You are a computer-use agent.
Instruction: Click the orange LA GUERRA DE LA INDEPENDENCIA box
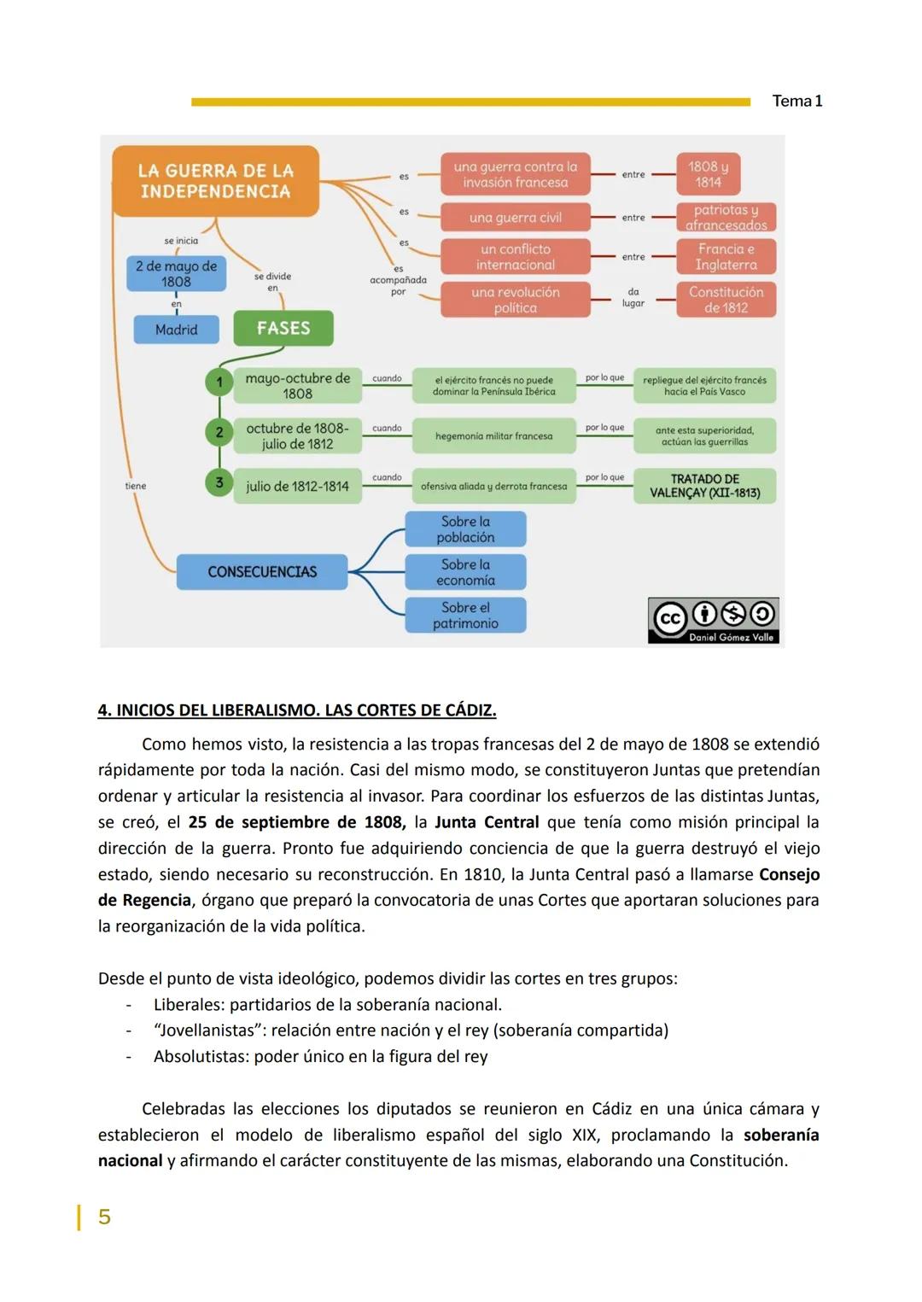coord(215,181)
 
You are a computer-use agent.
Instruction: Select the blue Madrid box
coord(176,330)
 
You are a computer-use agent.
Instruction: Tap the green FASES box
coord(283,328)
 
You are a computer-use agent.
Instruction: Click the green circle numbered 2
coord(219,433)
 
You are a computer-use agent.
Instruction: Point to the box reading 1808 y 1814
coord(708,174)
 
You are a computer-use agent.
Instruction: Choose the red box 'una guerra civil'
coord(515,218)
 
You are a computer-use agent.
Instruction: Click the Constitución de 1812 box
coord(726,300)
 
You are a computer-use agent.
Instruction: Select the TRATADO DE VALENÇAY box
coord(704,486)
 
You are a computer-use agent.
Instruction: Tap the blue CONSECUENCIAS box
coord(262,572)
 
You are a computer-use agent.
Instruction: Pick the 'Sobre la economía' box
coord(465,572)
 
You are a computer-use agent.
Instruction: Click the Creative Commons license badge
coord(714,620)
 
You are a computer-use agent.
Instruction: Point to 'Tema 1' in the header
coord(797,101)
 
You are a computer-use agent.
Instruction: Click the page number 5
coord(104,1217)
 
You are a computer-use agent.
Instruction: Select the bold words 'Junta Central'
coord(487,822)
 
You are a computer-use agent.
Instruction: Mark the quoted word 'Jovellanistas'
coord(207,1031)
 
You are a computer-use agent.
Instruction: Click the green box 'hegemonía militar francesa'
coord(493,436)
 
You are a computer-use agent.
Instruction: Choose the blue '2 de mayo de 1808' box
coord(176,274)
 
